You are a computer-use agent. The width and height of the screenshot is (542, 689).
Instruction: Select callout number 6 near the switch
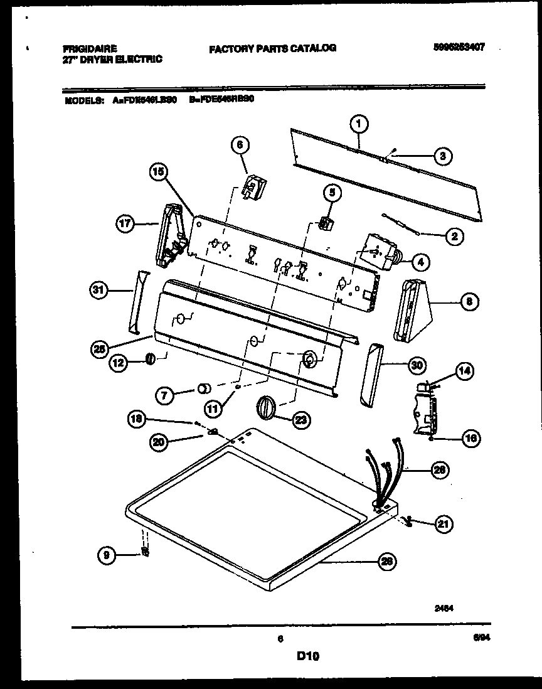point(240,145)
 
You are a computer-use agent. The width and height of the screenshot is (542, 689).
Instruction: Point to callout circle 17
point(125,223)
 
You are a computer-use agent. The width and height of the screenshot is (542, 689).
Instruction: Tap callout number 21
point(444,523)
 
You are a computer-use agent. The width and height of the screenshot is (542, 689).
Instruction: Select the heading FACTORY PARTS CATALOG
point(272,48)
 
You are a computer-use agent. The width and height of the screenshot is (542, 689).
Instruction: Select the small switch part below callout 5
point(326,223)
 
